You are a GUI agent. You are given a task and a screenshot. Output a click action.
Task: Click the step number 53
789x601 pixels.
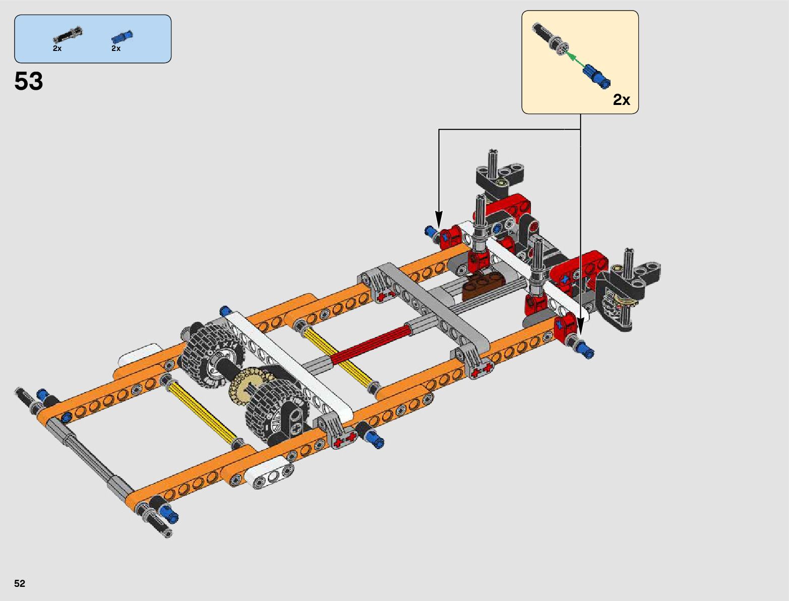click(29, 81)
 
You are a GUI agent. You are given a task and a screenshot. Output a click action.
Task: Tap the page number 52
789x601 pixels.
click(20, 583)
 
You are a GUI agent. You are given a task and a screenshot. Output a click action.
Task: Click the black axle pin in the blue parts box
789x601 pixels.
click(68, 34)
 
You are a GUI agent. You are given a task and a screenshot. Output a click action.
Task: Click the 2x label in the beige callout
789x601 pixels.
click(622, 99)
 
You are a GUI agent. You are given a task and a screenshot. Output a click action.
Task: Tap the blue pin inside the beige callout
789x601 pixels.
click(596, 76)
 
